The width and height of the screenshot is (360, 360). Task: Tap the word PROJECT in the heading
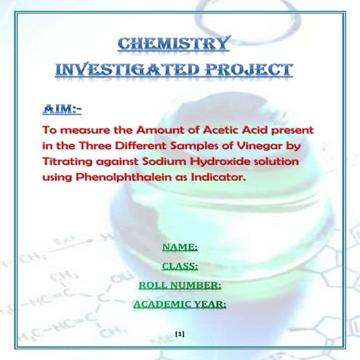pyautogui.click(x=249, y=70)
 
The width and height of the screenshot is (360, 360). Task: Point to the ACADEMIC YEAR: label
pyautogui.click(x=180, y=304)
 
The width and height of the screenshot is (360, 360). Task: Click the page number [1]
pyautogui.click(x=180, y=333)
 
